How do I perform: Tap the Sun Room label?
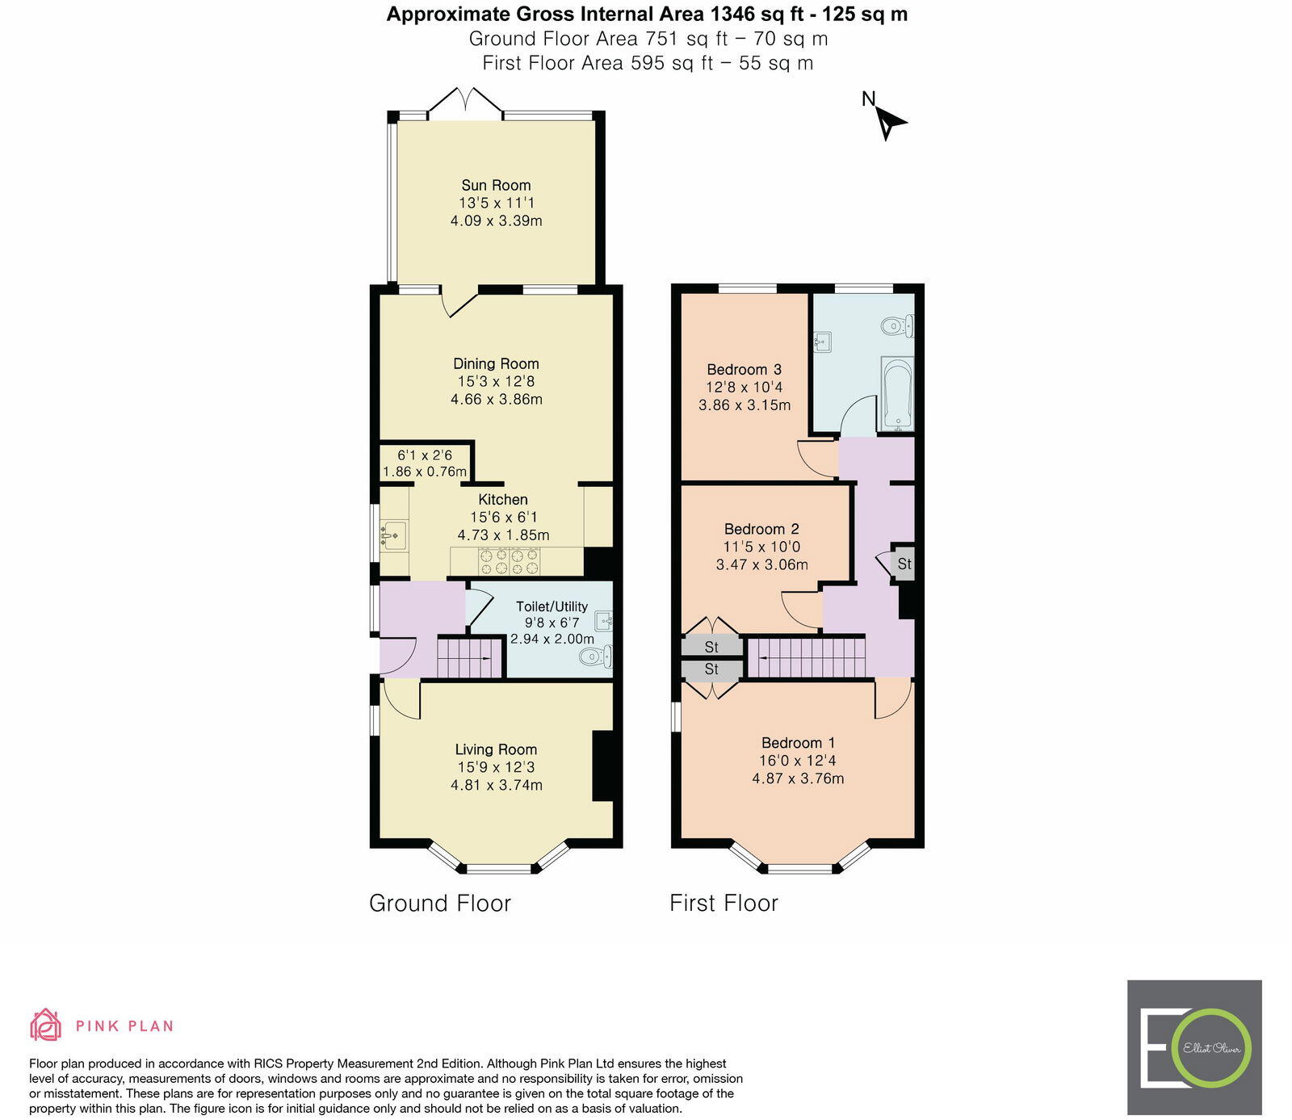coord(496,185)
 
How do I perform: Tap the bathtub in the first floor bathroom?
coord(897,393)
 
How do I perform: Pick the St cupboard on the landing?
coord(904,564)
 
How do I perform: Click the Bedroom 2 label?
coord(761,529)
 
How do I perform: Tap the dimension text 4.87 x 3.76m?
coord(798,778)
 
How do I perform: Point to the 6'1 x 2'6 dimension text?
coord(425,455)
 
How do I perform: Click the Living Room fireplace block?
coord(602,766)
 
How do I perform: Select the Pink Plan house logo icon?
coord(46,1025)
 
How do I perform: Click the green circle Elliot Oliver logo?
coord(1211,1047)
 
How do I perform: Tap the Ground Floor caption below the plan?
coord(440,903)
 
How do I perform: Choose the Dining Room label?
coord(496,363)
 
